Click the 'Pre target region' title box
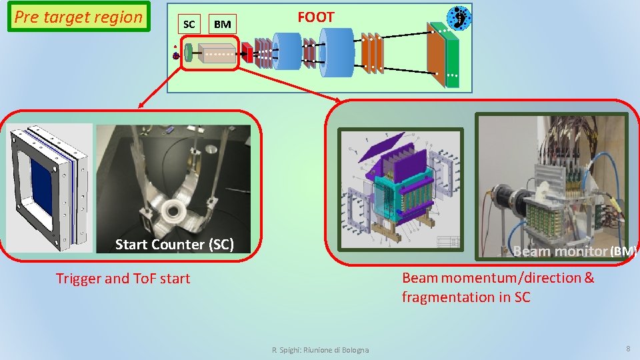79,17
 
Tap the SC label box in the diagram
189,25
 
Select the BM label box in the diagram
223,25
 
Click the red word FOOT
316,17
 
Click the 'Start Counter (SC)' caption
175,245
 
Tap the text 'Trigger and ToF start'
123,279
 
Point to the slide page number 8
627,349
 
